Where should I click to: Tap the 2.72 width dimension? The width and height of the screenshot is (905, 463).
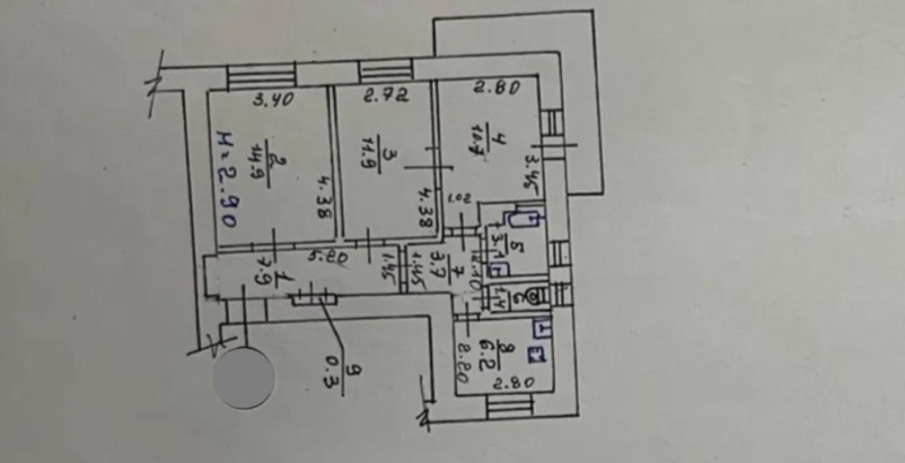point(386,96)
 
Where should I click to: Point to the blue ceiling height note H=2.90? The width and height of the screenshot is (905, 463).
point(225,180)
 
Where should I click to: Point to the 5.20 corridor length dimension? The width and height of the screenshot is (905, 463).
point(327,258)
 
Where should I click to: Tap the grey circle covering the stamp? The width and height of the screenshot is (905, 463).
point(244,376)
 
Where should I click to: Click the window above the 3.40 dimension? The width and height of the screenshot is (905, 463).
point(260,77)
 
